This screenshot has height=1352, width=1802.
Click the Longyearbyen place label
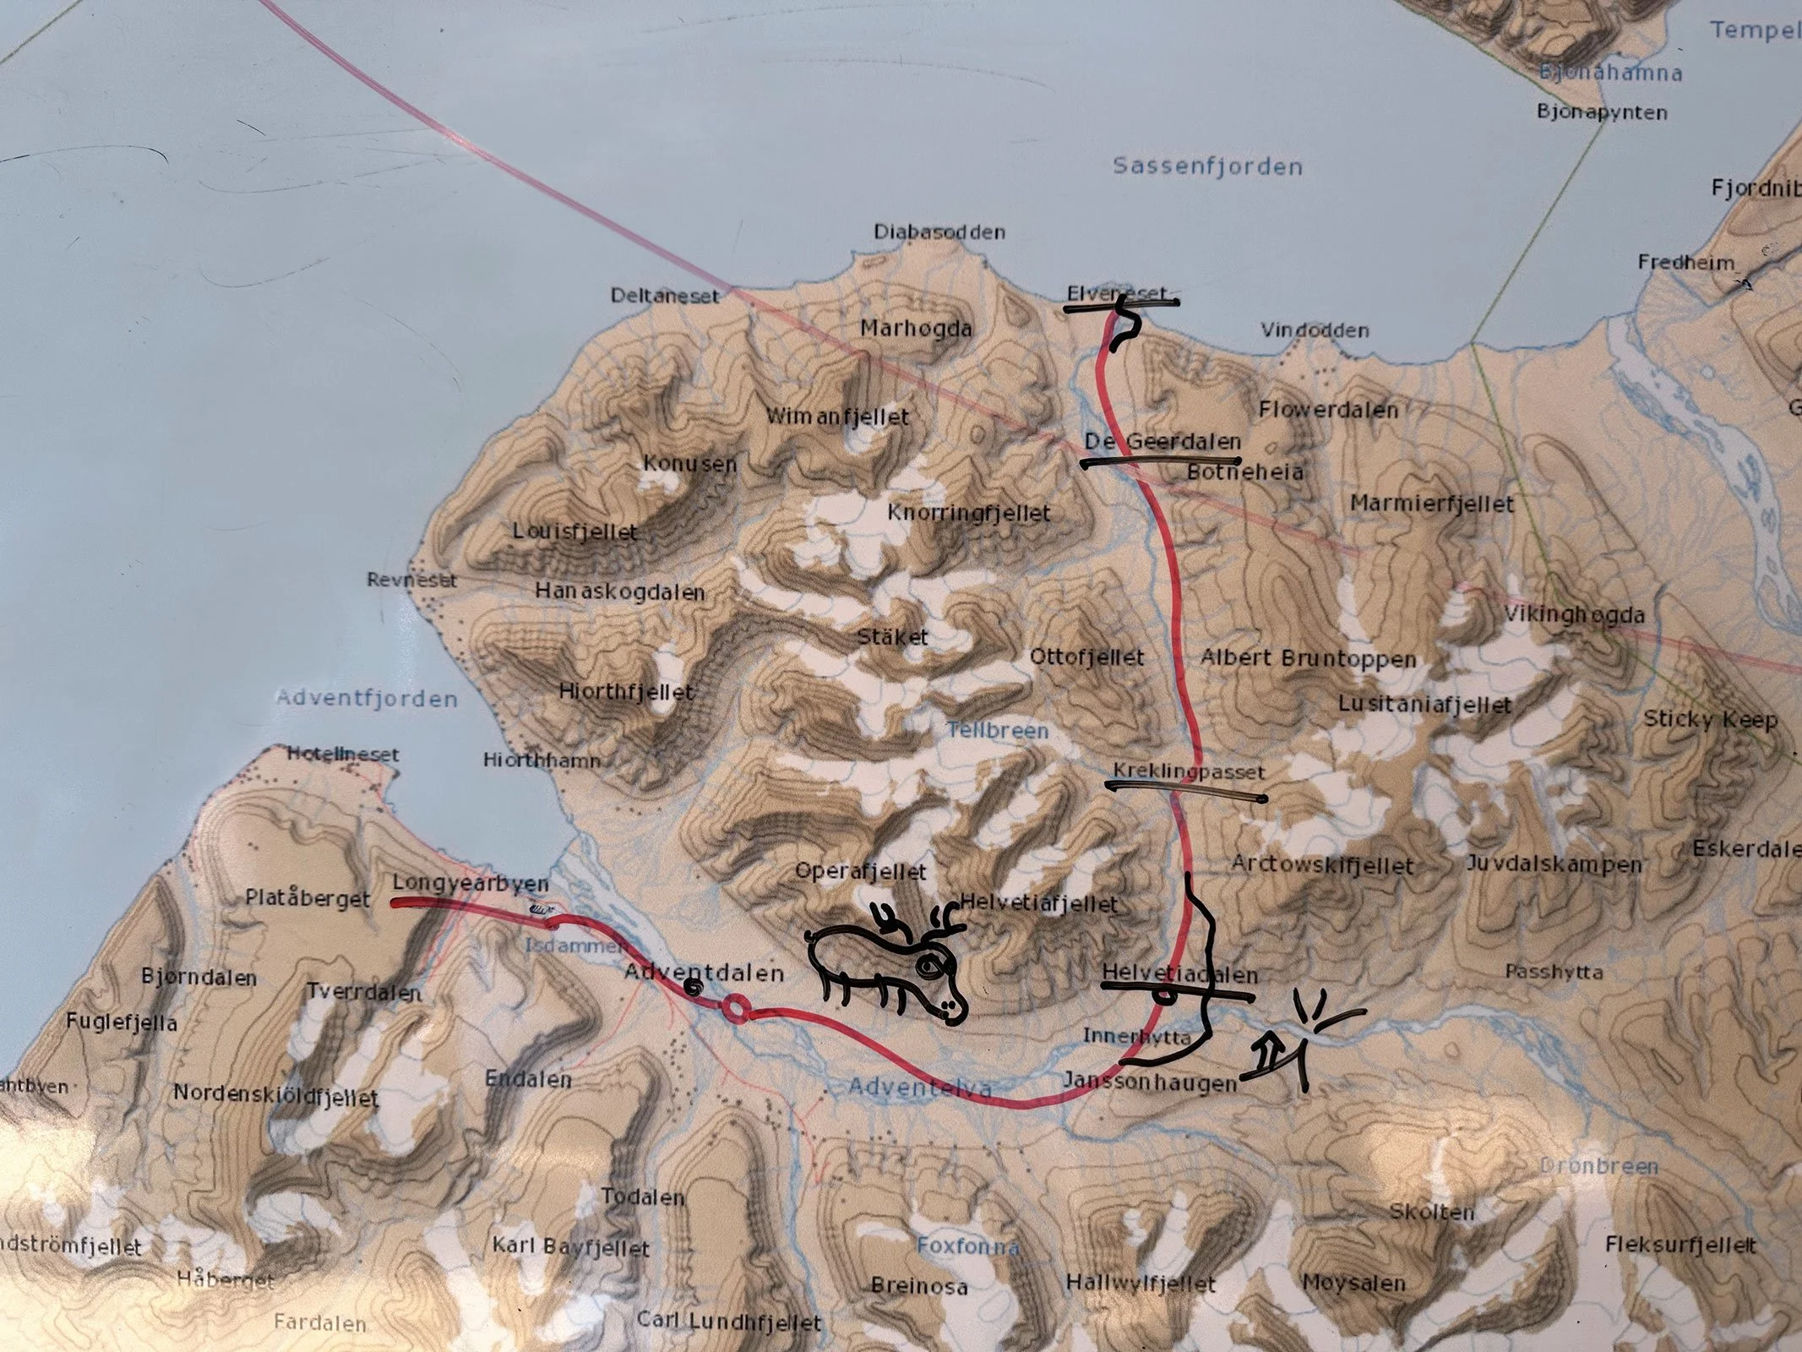[x=471, y=884]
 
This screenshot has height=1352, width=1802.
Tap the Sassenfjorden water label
[x=1207, y=166]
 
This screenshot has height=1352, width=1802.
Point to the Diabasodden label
[x=939, y=232]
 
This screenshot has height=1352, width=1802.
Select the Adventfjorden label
[x=367, y=699]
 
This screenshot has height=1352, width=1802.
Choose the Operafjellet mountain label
[x=861, y=871]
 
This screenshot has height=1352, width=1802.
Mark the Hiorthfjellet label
[x=626, y=691]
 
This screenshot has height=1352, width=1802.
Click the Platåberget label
[x=308, y=897]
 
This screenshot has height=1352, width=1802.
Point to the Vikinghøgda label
[x=1574, y=615]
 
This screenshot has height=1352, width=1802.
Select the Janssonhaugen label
[x=1150, y=1082]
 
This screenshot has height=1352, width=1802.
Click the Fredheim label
[x=1685, y=263]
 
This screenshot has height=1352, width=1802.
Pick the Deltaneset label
[x=664, y=296]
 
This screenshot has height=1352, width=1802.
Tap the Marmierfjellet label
[x=1431, y=504]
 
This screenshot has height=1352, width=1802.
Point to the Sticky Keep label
[x=1710, y=720]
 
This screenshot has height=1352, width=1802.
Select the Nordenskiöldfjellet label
[x=275, y=1095]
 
